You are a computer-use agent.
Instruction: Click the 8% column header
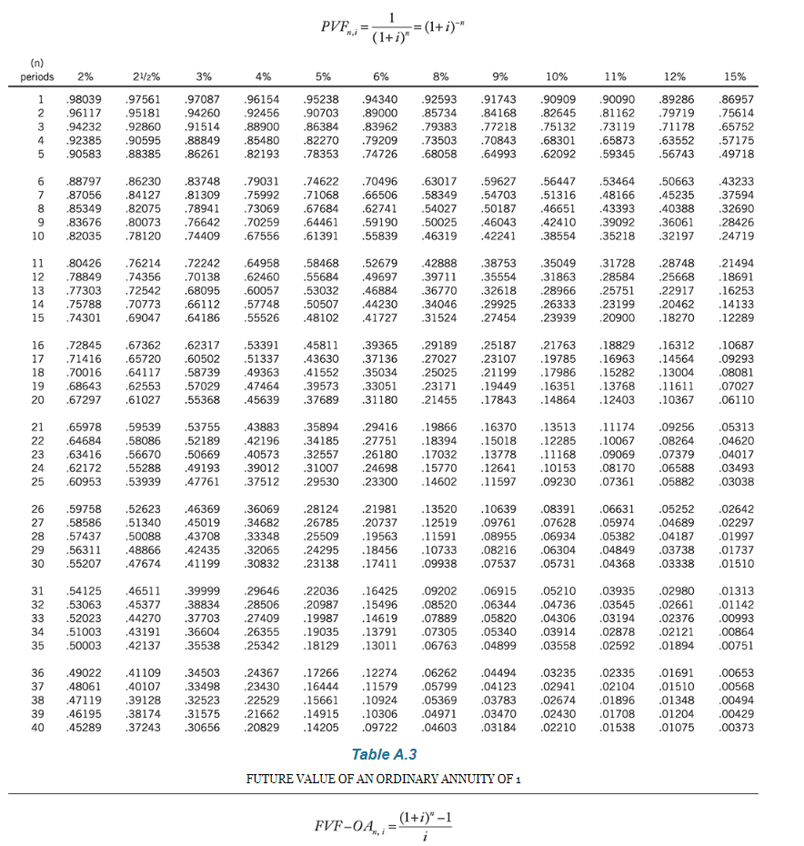pyautogui.click(x=441, y=76)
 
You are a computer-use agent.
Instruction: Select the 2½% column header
pyautogui.click(x=141, y=76)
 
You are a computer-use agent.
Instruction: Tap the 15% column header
pyautogui.click(x=736, y=76)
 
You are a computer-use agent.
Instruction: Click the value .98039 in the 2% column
pyautogui.click(x=84, y=98)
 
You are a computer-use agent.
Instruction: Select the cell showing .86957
pyautogui.click(x=736, y=98)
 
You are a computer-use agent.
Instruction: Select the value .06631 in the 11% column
pyautogui.click(x=618, y=509)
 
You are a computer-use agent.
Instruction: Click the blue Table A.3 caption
pyautogui.click(x=384, y=754)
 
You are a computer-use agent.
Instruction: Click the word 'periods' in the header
pyautogui.click(x=37, y=76)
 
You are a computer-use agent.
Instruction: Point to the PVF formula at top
pyautogui.click(x=383, y=27)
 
